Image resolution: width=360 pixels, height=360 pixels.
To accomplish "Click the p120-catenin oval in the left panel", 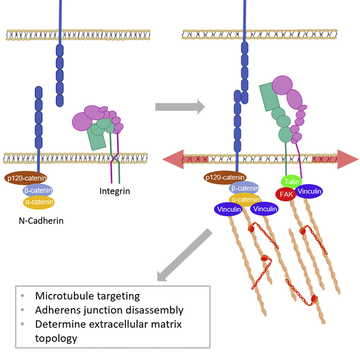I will (26, 178).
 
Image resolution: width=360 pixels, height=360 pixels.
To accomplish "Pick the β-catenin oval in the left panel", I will (38, 190).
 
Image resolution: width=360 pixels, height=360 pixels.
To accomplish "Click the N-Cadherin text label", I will (41, 220).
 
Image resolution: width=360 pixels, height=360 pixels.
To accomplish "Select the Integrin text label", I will (115, 190).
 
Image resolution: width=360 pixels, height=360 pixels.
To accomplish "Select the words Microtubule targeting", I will (87, 296).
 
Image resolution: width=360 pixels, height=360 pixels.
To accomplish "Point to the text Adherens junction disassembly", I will (109, 310).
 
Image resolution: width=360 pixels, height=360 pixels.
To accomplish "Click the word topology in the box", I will (56, 338).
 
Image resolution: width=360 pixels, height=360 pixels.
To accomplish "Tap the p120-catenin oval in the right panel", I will (225, 178).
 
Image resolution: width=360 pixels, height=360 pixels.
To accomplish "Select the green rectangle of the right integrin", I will (269, 96).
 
